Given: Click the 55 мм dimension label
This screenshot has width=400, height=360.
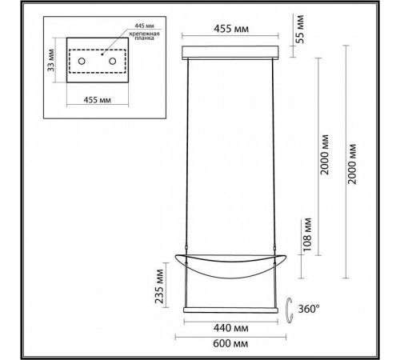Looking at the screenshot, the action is click(x=300, y=29).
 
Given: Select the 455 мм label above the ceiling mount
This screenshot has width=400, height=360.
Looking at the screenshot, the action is click(x=231, y=29).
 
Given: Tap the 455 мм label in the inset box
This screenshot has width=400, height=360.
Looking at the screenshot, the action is click(x=98, y=100).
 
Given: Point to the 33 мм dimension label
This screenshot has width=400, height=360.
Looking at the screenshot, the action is click(x=51, y=60).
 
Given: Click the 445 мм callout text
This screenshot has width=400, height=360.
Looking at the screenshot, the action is click(x=144, y=26).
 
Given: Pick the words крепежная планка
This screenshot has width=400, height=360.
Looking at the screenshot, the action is click(x=144, y=36).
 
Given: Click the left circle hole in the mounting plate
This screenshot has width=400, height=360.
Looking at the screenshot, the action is click(x=82, y=61).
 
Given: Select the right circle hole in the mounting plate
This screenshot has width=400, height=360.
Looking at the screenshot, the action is click(x=113, y=61).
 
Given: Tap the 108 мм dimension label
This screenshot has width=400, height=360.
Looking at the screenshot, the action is click(x=307, y=234).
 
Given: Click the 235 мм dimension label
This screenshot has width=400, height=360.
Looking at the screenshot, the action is click(x=159, y=286).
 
